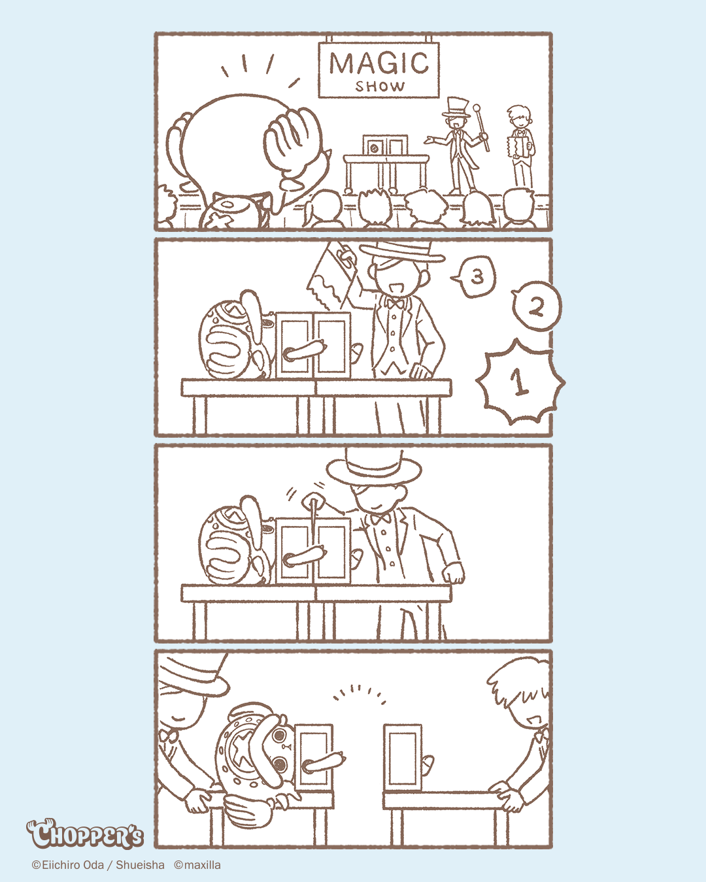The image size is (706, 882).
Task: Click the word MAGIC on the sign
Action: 379,63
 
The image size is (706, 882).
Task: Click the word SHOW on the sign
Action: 379,86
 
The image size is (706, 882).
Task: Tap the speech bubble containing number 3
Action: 474,276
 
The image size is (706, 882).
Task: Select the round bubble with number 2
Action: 537,306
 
